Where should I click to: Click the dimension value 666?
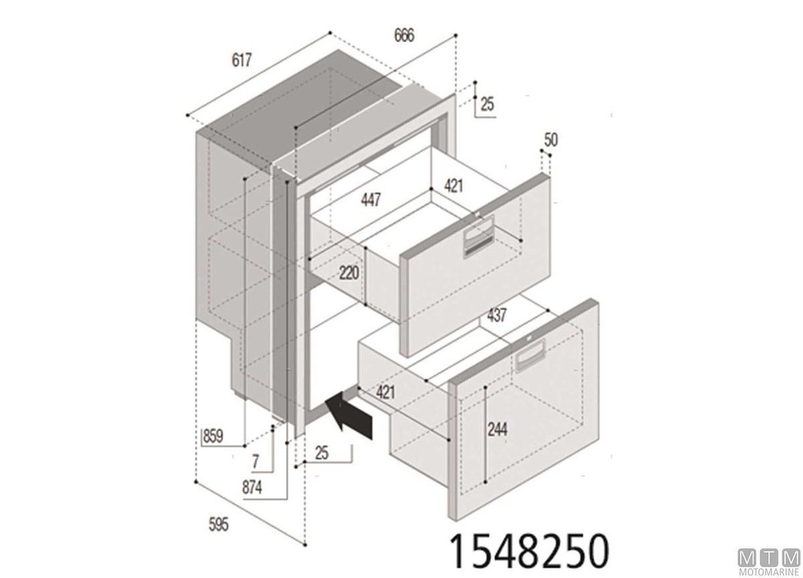[404, 35]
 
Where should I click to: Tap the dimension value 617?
[242, 60]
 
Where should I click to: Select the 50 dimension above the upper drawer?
[551, 140]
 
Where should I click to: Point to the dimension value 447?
[371, 199]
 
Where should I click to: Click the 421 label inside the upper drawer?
[454, 186]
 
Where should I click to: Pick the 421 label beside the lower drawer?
[385, 393]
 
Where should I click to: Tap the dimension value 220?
[349, 273]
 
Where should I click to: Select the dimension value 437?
[497, 315]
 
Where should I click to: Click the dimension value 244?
[497, 429]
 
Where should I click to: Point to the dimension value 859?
[213, 436]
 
